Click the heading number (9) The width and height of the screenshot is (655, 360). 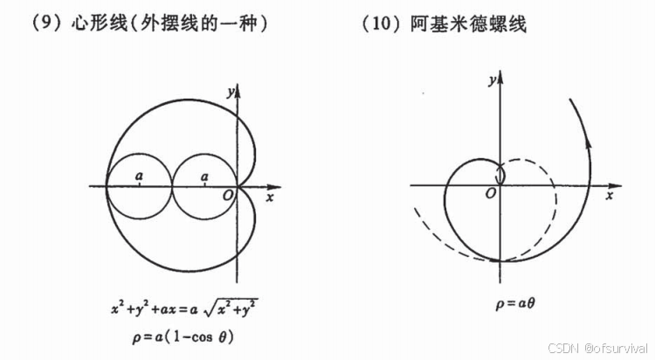(43, 24)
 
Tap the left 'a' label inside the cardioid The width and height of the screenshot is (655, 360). (140, 177)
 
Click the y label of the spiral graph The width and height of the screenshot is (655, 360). (493, 80)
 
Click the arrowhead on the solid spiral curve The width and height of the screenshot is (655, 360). (586, 161)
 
